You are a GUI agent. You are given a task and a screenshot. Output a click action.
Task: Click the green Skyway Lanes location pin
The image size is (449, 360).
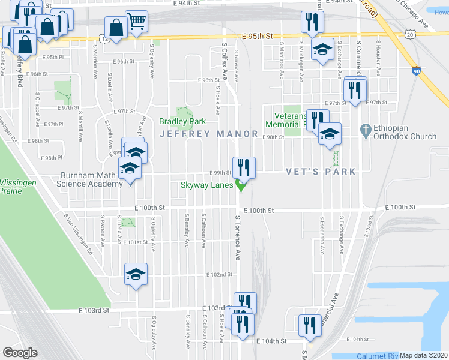click(241, 185)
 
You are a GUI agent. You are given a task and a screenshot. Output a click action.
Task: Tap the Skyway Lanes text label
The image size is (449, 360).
click(206, 185)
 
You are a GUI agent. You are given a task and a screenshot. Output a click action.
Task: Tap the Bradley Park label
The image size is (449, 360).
click(182, 121)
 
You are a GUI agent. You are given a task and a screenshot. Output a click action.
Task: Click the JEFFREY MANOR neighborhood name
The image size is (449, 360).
click(209, 134)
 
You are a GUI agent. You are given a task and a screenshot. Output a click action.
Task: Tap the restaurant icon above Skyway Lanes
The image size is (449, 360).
click(244, 166)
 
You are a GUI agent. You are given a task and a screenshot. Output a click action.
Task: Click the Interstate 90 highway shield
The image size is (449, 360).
click(416, 71)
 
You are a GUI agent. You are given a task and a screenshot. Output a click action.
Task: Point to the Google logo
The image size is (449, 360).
click(20, 352)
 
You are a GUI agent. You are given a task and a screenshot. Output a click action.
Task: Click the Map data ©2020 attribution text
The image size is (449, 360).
click(424, 355)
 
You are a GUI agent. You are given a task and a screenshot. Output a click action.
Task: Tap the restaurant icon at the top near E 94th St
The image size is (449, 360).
click(312, 22)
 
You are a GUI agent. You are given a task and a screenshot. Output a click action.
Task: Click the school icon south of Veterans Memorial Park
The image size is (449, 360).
click(330, 134)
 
